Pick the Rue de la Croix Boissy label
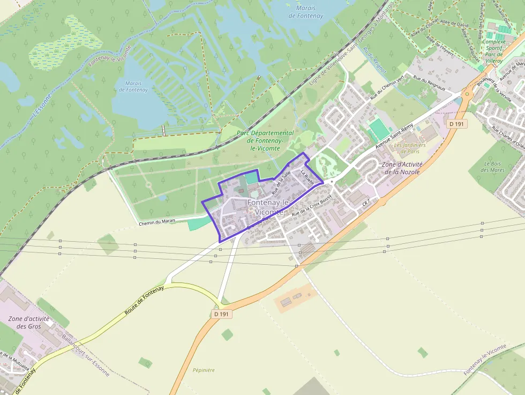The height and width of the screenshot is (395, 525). tap(312, 206)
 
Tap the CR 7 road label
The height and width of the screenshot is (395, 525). tap(366, 203)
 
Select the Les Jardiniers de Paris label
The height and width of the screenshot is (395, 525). tap(410, 147)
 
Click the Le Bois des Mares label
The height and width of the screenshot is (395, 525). tap(493, 167)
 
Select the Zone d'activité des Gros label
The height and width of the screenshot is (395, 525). tap(29, 322)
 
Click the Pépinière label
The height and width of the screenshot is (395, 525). tap(204, 370)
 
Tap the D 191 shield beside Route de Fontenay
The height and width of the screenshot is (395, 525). tap(221, 314)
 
